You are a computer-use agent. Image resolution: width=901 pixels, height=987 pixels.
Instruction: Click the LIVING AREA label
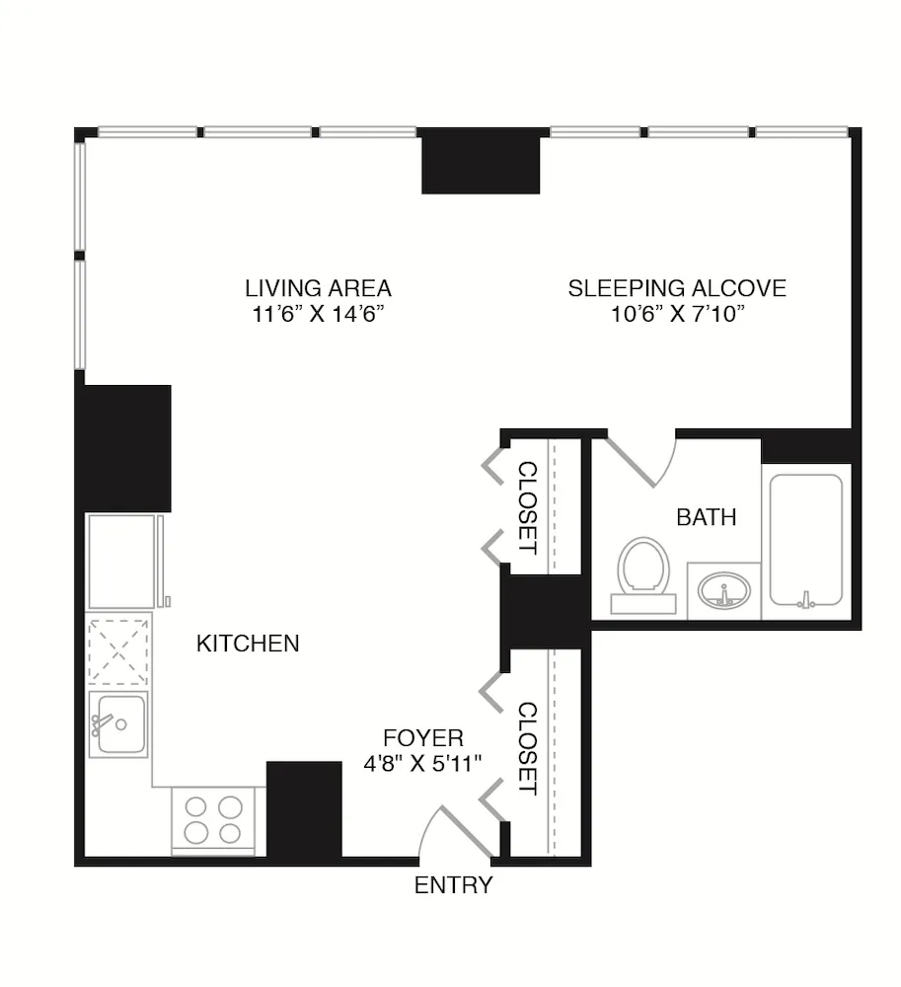(318, 288)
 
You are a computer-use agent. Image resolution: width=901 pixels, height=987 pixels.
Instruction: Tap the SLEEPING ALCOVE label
(677, 288)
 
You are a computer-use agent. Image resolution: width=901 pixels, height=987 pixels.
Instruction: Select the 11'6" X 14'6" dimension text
(318, 315)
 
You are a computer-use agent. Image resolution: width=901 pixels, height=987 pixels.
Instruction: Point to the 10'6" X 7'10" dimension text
(677, 315)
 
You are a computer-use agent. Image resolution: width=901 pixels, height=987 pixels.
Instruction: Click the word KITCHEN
(248, 644)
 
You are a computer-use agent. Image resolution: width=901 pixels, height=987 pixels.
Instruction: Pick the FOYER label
(422, 737)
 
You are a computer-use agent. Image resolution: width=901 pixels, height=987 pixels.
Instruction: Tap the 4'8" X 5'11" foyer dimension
(422, 762)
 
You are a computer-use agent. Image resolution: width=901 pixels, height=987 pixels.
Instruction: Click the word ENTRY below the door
(453, 885)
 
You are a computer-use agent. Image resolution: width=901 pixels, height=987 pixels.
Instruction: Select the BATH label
(707, 516)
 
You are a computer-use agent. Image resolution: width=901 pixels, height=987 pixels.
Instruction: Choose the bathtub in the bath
(806, 541)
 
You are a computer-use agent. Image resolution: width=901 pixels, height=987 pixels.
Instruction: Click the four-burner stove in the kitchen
(214, 819)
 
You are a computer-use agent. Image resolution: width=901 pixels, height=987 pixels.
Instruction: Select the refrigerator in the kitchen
(123, 561)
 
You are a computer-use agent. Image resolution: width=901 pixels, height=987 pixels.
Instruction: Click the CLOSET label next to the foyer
(528, 748)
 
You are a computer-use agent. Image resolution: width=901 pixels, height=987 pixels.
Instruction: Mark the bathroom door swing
(641, 460)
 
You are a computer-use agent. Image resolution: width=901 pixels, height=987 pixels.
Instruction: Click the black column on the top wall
(481, 161)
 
